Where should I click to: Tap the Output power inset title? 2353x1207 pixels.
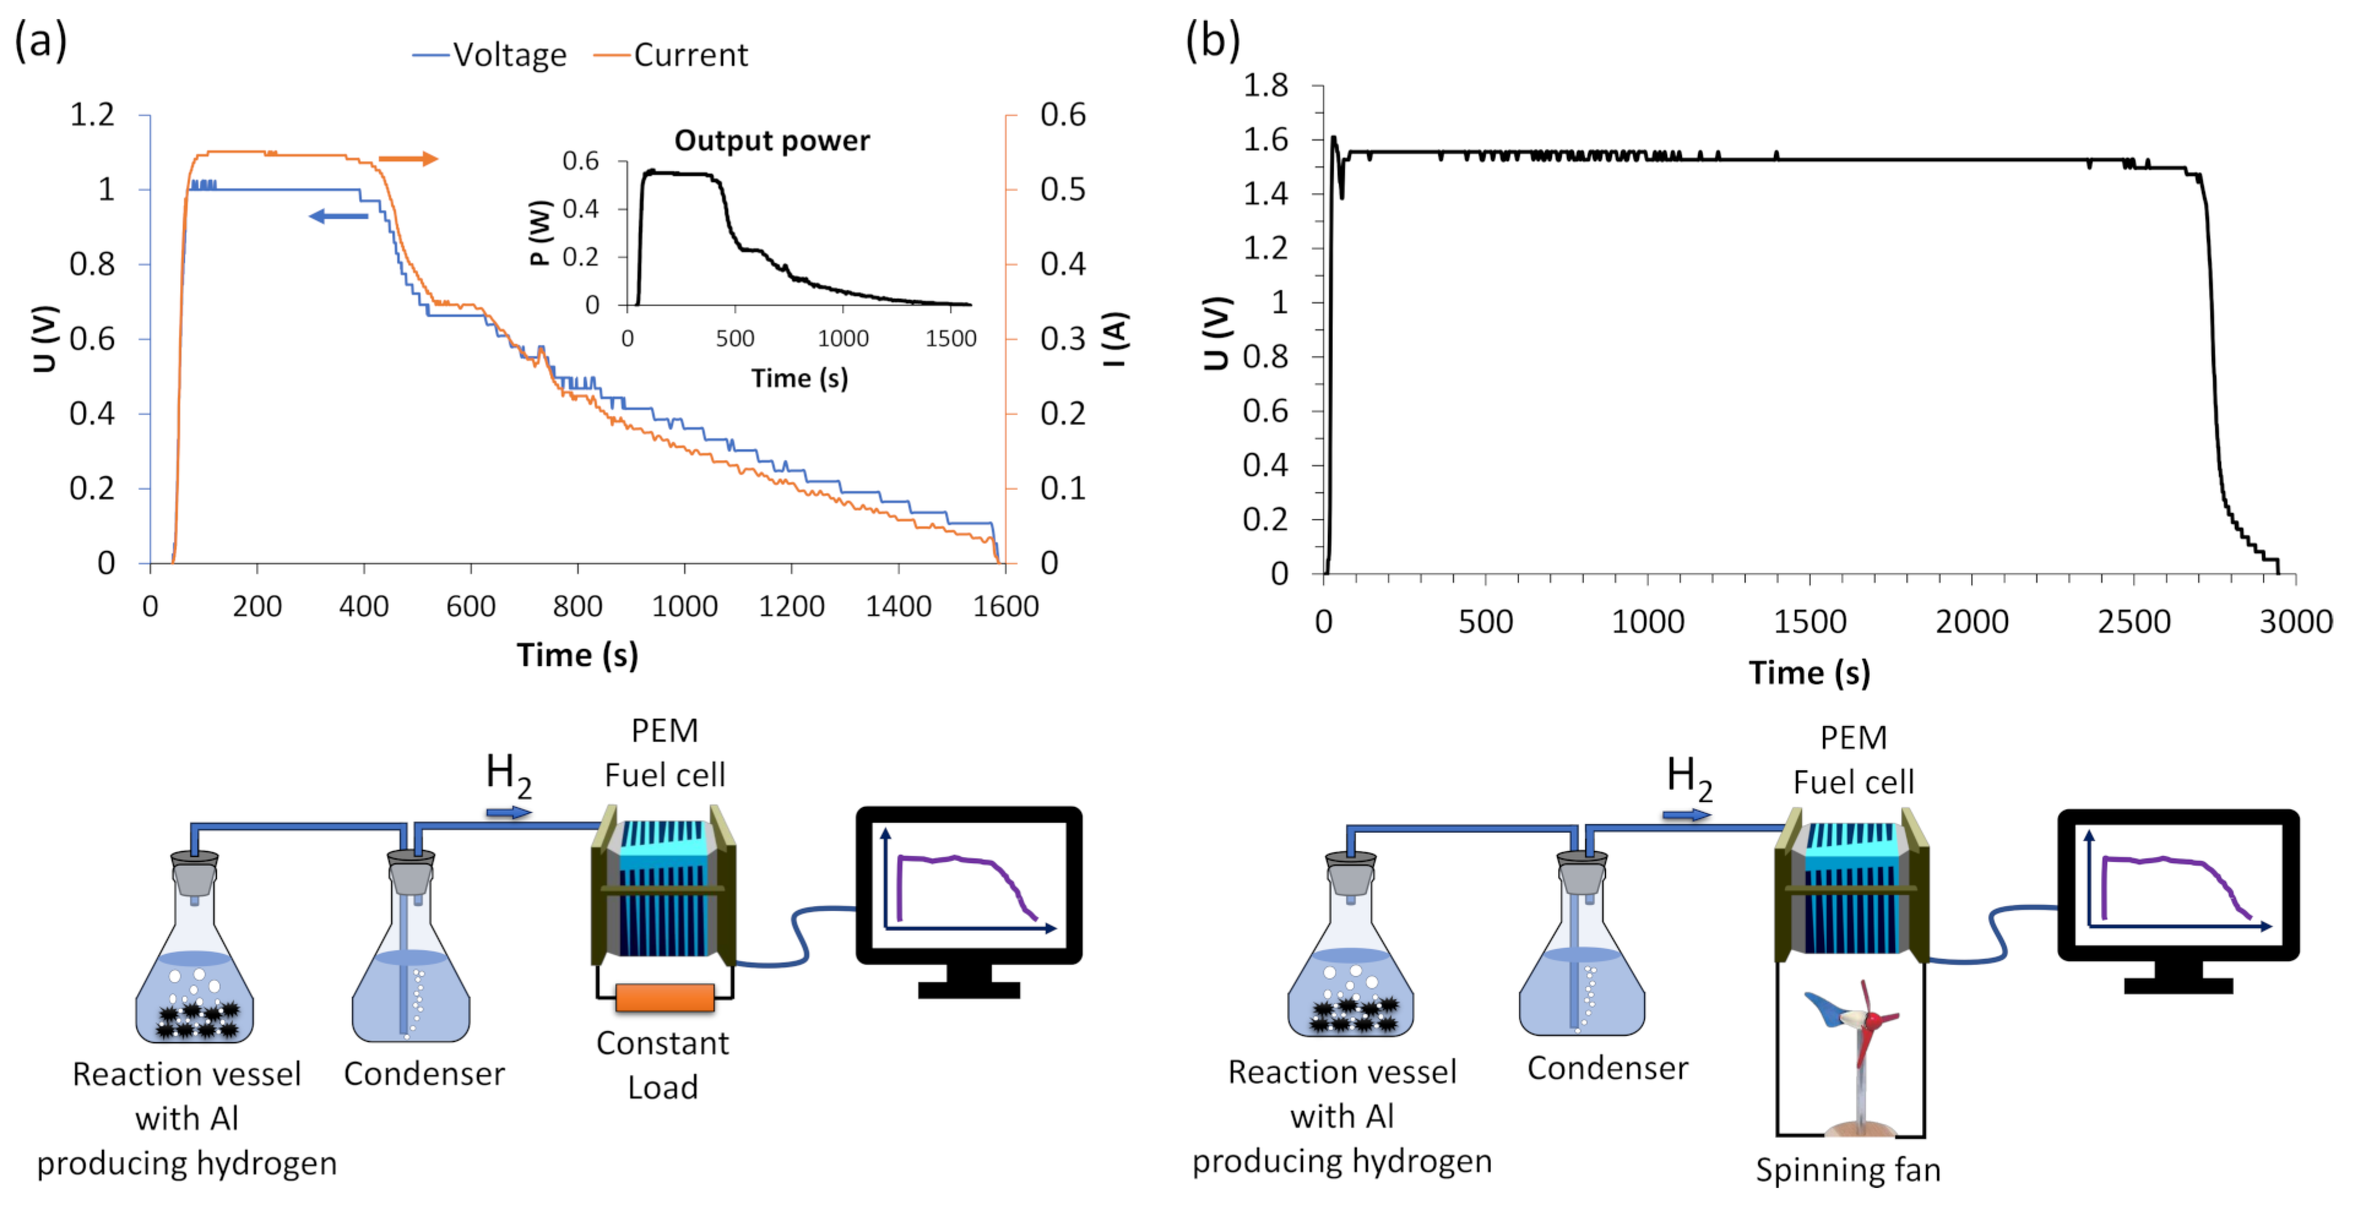772,140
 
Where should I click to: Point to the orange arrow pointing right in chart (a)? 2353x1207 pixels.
407,159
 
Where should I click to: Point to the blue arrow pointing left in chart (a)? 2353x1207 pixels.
338,216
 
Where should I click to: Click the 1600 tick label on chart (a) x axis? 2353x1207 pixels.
1005,606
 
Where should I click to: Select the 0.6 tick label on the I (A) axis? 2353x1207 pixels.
1063,115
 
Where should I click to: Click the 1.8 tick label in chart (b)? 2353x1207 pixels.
1265,86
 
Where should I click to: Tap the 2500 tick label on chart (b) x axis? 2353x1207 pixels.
2133,622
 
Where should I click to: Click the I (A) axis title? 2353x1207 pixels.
1115,339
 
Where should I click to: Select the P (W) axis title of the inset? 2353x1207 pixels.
540,233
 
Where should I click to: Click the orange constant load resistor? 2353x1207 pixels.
664,997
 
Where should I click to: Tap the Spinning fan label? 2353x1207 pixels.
1847,1170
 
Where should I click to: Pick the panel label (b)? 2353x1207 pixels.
1212,41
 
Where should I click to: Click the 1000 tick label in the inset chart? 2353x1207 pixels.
842,339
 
